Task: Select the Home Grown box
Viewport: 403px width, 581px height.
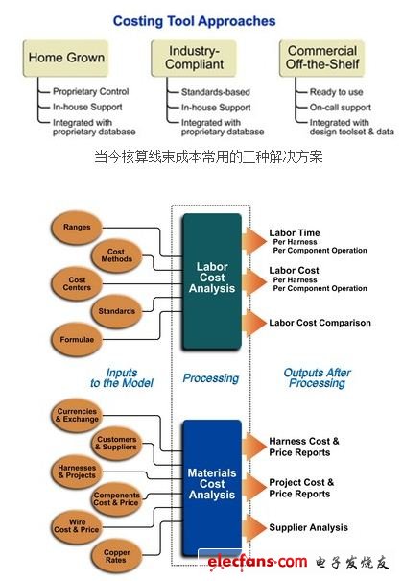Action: tap(66, 58)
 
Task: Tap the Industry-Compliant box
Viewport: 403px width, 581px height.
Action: tap(193, 58)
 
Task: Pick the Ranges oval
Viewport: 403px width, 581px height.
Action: tap(77, 228)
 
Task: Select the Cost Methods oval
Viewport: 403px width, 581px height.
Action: tap(120, 254)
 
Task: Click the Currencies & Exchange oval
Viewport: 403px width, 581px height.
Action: tap(77, 416)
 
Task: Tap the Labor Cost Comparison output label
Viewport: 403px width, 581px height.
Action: tap(320, 323)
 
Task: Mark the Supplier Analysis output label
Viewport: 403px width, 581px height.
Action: tap(308, 527)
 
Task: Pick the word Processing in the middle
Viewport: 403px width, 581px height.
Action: tap(211, 378)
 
